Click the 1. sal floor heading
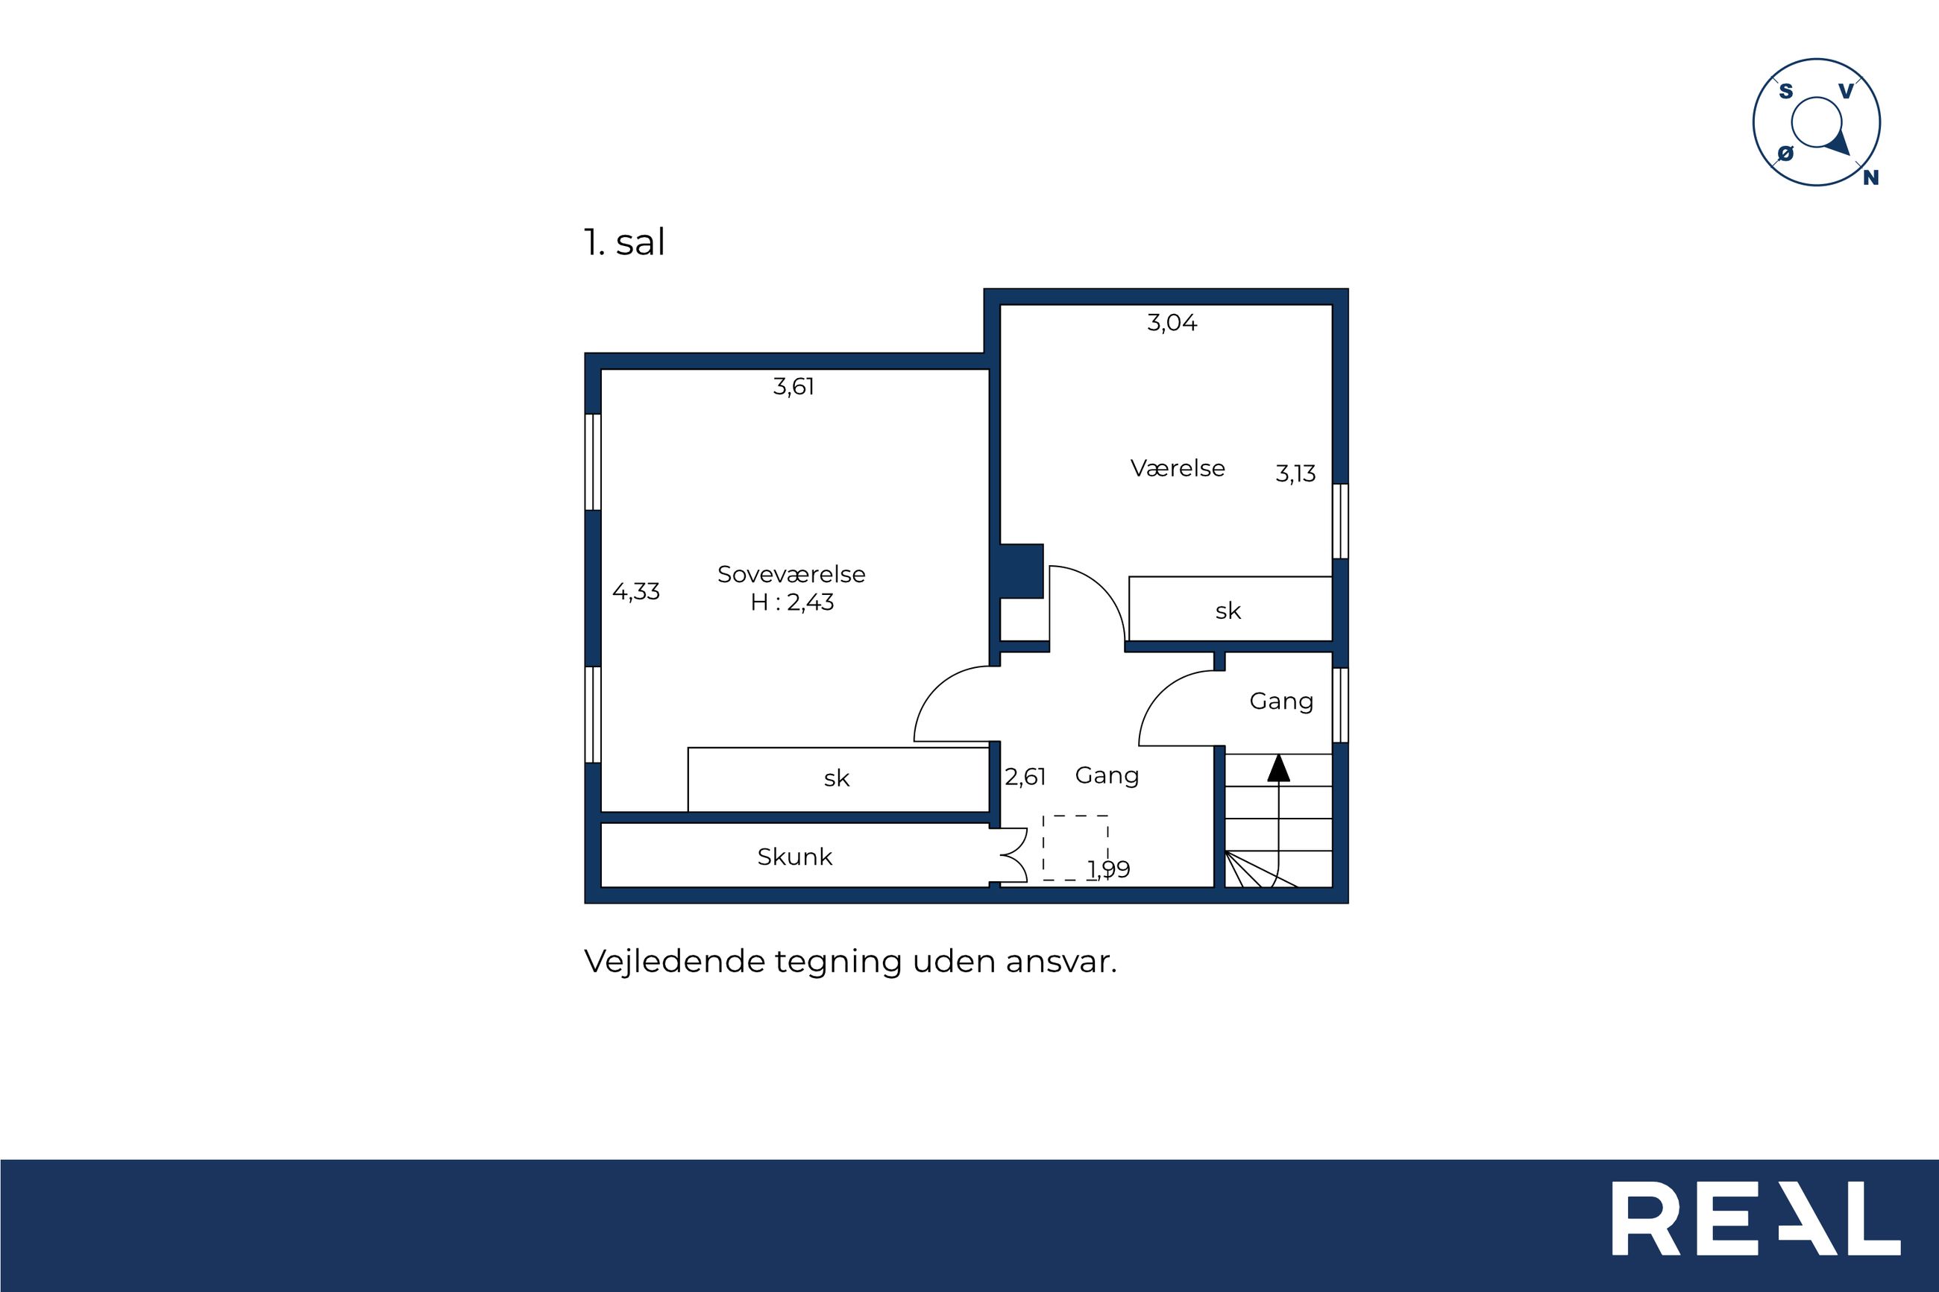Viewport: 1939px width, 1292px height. click(x=623, y=242)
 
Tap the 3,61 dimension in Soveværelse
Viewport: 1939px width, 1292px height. click(x=793, y=386)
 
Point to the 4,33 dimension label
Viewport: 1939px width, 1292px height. click(x=636, y=592)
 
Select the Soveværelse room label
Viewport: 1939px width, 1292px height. click(x=791, y=574)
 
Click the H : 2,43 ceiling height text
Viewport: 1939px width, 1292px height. click(x=792, y=602)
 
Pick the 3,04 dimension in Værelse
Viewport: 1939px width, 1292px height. click(x=1172, y=322)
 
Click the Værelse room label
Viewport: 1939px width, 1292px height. click(x=1178, y=468)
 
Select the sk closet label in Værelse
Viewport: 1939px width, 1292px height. click(x=1228, y=611)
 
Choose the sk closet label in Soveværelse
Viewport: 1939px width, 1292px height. click(x=837, y=778)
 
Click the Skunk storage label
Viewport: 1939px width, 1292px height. click(x=794, y=857)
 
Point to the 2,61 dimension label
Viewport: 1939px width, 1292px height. click(x=1025, y=776)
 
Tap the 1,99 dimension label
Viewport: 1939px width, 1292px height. click(x=1109, y=869)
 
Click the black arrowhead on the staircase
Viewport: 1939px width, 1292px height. click(x=1278, y=767)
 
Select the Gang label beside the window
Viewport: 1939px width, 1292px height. click(x=1281, y=702)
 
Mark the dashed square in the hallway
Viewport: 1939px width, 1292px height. click(x=1075, y=848)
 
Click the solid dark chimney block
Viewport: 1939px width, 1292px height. click(x=1022, y=571)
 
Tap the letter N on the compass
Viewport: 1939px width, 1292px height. click(x=1870, y=177)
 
